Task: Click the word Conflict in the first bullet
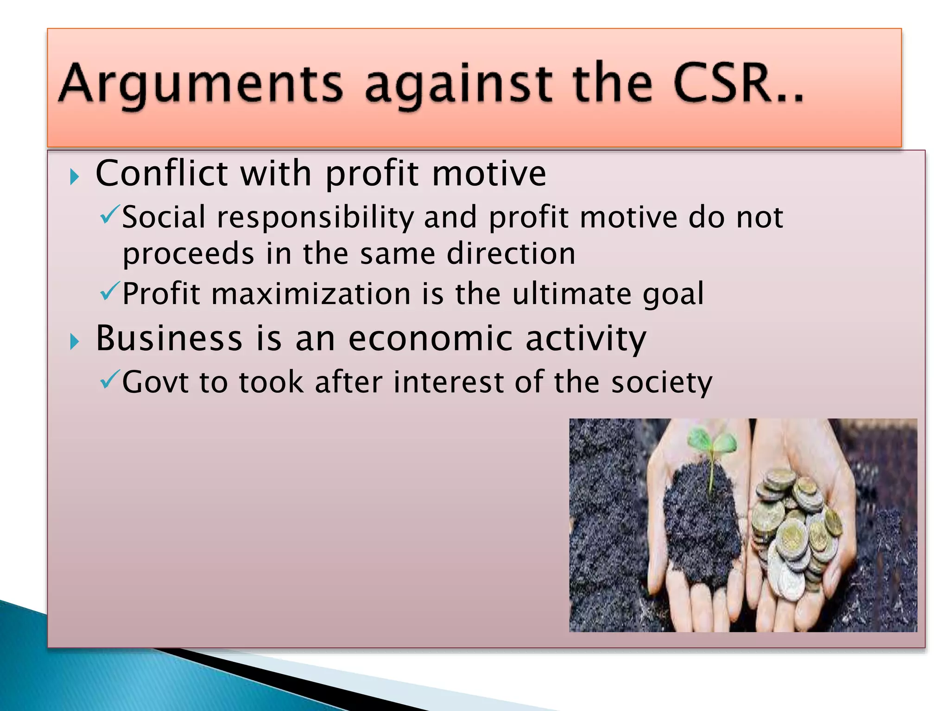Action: point(162,173)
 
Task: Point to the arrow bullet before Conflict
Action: point(74,176)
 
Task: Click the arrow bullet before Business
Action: point(74,342)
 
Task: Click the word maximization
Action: point(311,294)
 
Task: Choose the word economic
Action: point(430,338)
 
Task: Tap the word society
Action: point(662,383)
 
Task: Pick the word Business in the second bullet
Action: point(169,338)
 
